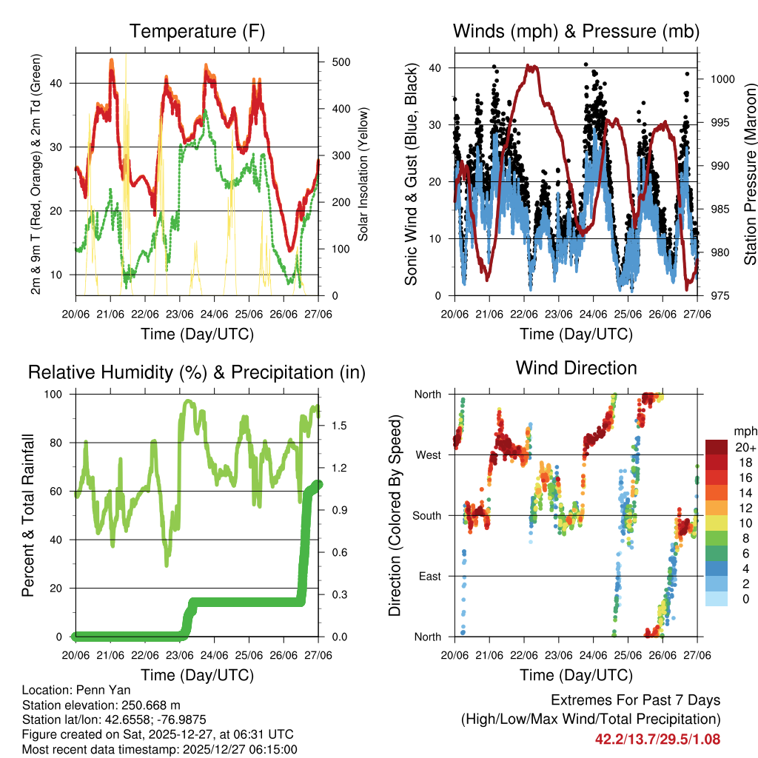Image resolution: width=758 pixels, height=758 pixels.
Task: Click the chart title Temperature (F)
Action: point(197,31)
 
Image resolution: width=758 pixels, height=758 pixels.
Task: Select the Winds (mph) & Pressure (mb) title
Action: point(576,31)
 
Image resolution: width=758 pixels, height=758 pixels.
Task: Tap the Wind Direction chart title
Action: point(576,367)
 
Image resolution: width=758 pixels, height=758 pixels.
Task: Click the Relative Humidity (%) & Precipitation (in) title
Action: point(197,372)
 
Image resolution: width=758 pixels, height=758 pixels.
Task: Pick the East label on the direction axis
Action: point(429,576)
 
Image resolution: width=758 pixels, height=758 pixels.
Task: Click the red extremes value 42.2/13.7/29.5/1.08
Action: point(657,739)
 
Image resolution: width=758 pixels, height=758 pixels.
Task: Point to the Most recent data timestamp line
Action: point(159,749)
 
